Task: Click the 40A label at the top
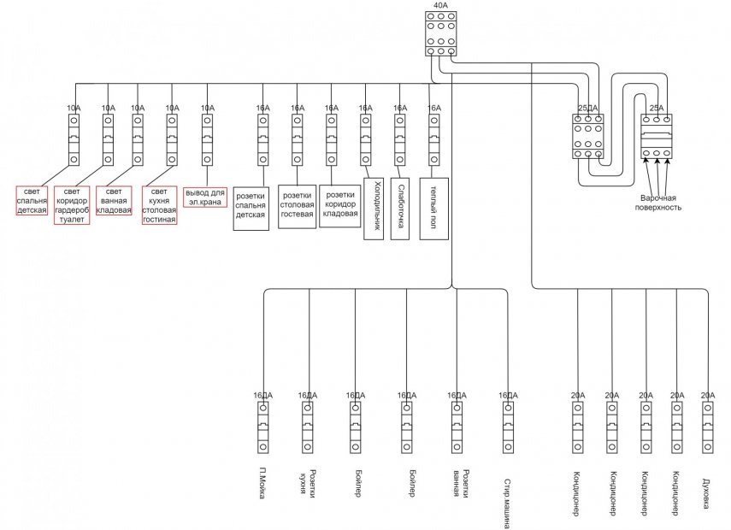[440, 5]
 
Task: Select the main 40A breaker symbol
[440, 33]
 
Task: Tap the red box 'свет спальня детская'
[32, 200]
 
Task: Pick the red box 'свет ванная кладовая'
[114, 200]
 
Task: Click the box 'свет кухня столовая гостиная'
[159, 206]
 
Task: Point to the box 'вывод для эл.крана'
[205, 197]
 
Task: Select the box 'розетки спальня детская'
[251, 208]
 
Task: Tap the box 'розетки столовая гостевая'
[296, 206]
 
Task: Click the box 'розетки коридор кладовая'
[339, 205]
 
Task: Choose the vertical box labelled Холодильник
[373, 208]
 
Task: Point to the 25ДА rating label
[587, 108]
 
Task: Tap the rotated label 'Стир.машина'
[508, 503]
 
